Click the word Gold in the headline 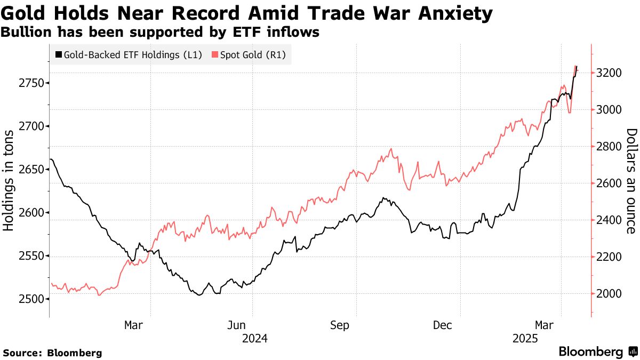click(25, 13)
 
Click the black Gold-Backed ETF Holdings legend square click(58, 54)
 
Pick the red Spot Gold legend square click(215, 54)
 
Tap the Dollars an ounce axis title click(631, 181)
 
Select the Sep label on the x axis click(340, 325)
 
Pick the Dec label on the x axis click(443, 325)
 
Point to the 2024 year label click(254, 339)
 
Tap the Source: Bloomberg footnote click(52, 353)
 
